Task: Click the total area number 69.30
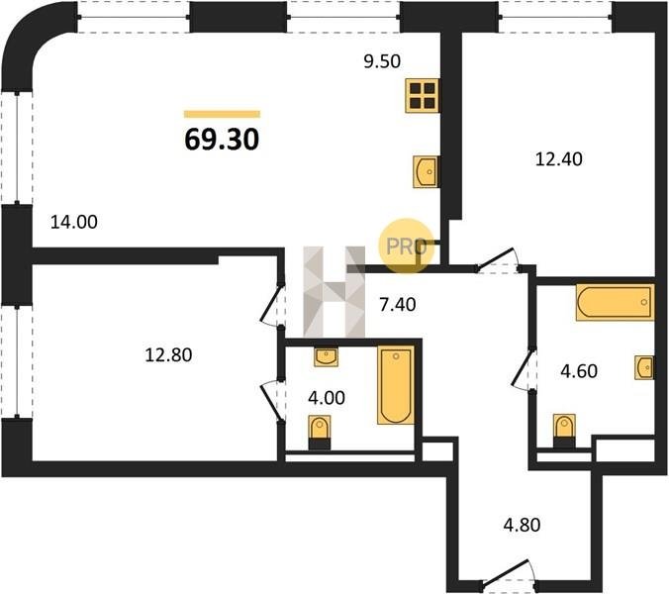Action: [222, 140]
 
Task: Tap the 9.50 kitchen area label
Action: [382, 61]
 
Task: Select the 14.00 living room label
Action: [74, 222]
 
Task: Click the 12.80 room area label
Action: [168, 355]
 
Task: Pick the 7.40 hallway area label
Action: [398, 305]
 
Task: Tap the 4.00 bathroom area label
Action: [327, 398]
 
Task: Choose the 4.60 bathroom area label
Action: [579, 371]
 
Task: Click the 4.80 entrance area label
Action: [522, 525]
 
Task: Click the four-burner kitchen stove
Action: [422, 96]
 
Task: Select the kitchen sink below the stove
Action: [426, 171]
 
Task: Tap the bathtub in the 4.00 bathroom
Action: [396, 385]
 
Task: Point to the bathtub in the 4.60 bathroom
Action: [615, 302]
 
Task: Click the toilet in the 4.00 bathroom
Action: [320, 432]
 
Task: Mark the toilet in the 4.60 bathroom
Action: [564, 430]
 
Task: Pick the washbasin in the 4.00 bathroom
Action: [327, 356]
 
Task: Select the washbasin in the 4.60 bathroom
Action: [644, 367]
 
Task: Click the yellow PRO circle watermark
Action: [406, 246]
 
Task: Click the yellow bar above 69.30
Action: [222, 114]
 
